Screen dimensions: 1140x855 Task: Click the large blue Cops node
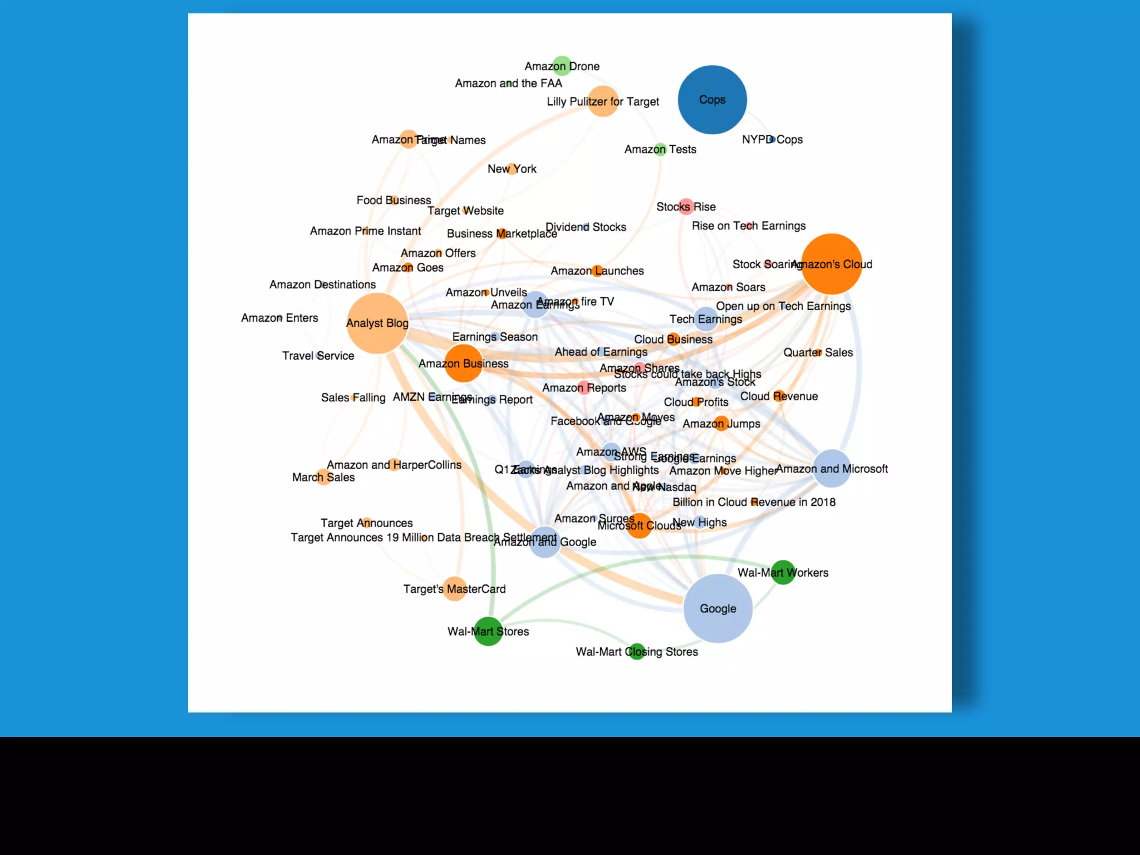[x=712, y=100]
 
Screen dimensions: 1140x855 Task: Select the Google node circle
[x=718, y=608]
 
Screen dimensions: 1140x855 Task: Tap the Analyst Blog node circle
[x=377, y=323]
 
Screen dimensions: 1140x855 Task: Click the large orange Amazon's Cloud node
[x=832, y=264]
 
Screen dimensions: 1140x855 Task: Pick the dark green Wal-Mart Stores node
[x=488, y=631]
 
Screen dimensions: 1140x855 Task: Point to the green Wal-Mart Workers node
[x=783, y=572]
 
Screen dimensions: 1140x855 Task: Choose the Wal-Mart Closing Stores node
[x=636, y=651]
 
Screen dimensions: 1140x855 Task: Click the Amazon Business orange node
[x=463, y=363]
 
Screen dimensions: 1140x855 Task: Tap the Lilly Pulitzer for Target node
[x=603, y=101]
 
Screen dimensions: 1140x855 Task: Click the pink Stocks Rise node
[x=686, y=207]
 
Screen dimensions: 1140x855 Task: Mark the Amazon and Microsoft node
[x=832, y=469]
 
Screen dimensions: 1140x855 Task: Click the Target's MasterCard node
[x=455, y=589]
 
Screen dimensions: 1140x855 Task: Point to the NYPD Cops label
[x=772, y=139]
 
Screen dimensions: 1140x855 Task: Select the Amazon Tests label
[x=660, y=149]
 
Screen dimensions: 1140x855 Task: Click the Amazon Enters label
[x=279, y=318]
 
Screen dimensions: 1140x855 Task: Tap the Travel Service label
[x=318, y=356]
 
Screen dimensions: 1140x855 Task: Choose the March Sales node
[x=323, y=477]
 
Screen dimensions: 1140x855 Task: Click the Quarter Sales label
[x=818, y=352]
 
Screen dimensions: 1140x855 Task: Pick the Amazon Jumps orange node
[x=721, y=424]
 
